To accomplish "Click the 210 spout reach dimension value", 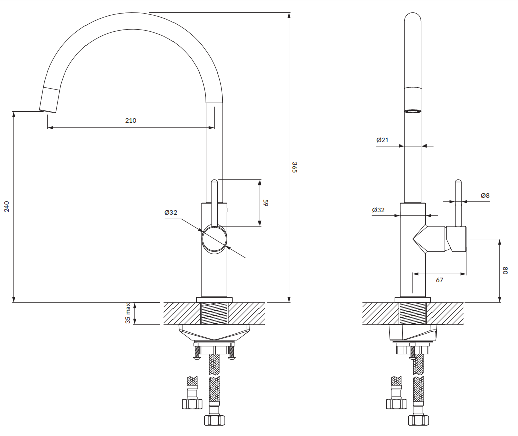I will [x=131, y=121].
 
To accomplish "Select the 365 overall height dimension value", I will [x=295, y=167].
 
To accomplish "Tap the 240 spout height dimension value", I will [x=7, y=206].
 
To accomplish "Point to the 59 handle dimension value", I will [x=266, y=203].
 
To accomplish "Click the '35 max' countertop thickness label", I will [x=128, y=313].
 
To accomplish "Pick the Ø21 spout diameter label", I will [x=382, y=140].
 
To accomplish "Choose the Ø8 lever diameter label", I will [x=485, y=195].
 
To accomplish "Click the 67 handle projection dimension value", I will [x=439, y=280].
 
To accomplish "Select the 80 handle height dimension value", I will [x=506, y=270].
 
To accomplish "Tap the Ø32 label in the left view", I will [x=171, y=213].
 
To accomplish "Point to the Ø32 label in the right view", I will [x=378, y=210].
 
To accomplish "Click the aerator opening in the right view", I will [x=413, y=111].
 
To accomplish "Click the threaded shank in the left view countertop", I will [x=214, y=313].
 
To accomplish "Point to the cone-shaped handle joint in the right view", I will [x=425, y=239].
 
